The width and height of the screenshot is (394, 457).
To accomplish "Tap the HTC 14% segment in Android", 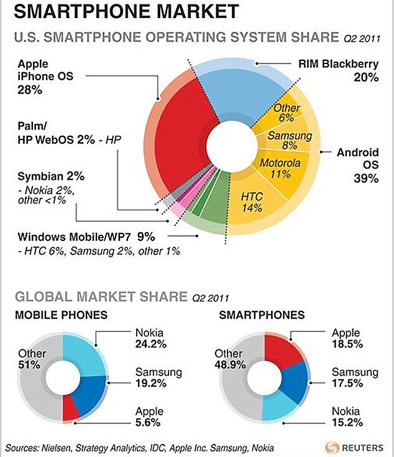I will click(252, 200).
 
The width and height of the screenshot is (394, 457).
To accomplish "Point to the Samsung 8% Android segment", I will click(283, 140).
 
